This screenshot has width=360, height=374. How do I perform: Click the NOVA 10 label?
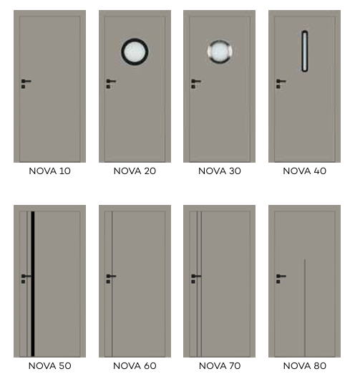(49, 171)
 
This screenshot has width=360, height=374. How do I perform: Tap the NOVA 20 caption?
(135, 171)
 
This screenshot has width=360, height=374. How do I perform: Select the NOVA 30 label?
(220, 171)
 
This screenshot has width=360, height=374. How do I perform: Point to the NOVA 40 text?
(304, 171)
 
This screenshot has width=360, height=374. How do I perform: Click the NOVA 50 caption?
(49, 365)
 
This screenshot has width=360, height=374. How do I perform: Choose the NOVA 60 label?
(135, 365)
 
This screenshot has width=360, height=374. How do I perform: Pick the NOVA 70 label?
(220, 365)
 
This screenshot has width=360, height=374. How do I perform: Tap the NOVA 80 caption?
(304, 365)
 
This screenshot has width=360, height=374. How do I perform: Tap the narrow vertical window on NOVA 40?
(305, 51)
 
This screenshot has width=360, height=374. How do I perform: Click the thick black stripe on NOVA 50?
(33, 284)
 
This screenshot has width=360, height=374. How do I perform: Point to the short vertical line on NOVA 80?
(305, 308)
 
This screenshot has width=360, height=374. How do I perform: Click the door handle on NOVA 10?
(26, 83)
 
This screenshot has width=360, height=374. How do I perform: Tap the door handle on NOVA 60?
(111, 279)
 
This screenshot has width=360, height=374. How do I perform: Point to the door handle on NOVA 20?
(111, 83)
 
